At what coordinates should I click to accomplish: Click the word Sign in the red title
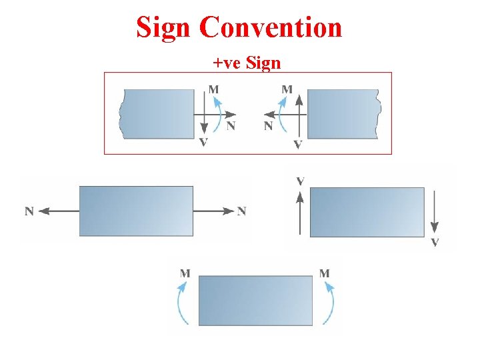(164, 27)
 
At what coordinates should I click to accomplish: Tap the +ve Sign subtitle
(247, 63)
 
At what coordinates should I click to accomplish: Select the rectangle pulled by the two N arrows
(136, 211)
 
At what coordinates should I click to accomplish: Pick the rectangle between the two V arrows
(367, 212)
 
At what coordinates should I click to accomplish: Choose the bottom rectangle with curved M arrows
(255, 301)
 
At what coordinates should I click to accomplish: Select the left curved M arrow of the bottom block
(182, 303)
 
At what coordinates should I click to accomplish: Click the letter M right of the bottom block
(325, 273)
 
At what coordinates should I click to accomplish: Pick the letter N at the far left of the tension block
(29, 211)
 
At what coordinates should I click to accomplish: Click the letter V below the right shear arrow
(435, 242)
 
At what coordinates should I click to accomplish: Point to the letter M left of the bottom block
(185, 273)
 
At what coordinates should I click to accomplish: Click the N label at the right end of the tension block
(241, 211)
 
